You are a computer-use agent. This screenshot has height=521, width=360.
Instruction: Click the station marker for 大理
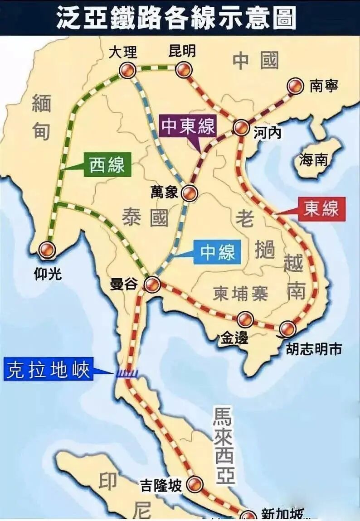127,70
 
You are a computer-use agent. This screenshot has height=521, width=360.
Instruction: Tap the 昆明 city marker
183,70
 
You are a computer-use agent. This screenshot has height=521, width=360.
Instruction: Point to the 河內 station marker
241,128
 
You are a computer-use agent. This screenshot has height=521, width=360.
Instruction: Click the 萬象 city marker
189,193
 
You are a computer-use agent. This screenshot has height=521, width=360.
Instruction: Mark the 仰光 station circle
47,250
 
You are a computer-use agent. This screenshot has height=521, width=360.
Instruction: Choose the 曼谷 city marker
152,285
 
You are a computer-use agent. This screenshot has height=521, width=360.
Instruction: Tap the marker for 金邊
245,319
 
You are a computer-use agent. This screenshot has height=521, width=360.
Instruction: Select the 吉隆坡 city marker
195,483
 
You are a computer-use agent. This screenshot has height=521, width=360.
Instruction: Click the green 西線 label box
107,165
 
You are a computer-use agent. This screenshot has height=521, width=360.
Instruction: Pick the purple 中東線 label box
188,127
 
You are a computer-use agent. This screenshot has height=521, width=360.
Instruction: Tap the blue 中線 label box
218,251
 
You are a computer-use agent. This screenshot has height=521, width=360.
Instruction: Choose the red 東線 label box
321,209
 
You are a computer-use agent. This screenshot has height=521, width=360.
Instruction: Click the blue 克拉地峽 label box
49,369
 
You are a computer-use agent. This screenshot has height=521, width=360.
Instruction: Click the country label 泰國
145,218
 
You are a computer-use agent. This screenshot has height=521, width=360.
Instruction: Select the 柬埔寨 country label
240,294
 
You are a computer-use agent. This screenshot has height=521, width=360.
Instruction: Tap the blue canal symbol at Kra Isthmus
127,373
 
